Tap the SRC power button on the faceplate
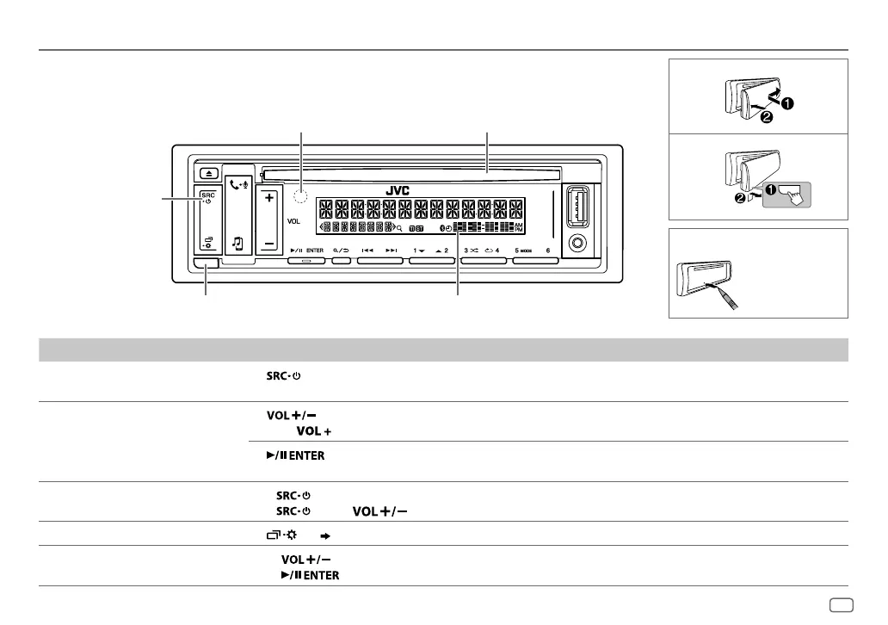tap(207, 199)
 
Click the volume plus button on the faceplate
tap(268, 198)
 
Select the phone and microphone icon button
tap(239, 184)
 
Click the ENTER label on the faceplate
tap(314, 251)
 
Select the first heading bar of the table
tap(444, 350)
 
